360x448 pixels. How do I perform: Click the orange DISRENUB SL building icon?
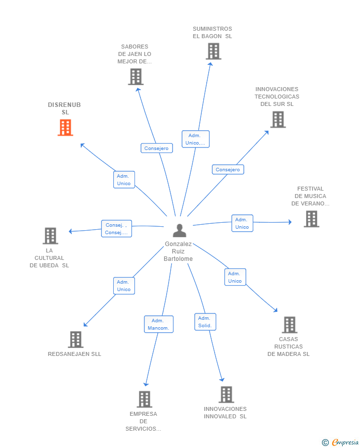[x=65, y=127]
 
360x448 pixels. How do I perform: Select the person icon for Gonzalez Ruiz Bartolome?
[x=180, y=231]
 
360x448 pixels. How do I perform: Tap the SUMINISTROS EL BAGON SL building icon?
[x=213, y=51]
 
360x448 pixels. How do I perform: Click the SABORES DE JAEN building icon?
[x=135, y=77]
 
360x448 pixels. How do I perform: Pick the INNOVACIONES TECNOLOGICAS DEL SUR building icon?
[x=278, y=119]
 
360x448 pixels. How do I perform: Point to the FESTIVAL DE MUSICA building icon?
[x=311, y=219]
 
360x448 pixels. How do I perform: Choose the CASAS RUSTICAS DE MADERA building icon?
[x=289, y=325]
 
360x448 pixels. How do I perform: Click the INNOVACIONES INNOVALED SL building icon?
[x=226, y=395]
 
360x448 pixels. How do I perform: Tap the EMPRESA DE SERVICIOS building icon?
[x=144, y=399]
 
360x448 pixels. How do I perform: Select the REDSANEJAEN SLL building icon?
[x=75, y=340]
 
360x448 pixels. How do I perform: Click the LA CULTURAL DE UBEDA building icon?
[x=50, y=236]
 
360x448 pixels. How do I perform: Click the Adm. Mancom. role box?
[x=159, y=324]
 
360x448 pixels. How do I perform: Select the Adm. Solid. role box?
[x=205, y=322]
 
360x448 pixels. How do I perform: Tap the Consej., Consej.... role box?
[x=117, y=229]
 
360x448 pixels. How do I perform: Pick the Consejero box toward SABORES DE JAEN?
[x=157, y=148]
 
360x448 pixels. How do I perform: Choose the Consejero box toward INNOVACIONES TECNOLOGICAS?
[x=228, y=169]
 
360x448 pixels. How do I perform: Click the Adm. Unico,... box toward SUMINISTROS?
[x=195, y=139]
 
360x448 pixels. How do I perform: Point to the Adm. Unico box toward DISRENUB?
[x=124, y=180]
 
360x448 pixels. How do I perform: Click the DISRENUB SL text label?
[x=64, y=108]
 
